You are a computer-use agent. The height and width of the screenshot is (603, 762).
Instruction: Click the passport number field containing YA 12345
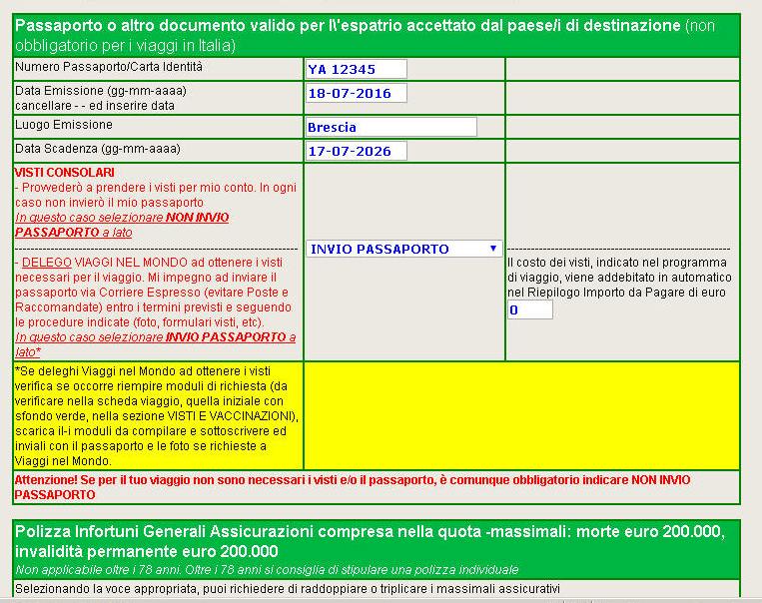point(356,69)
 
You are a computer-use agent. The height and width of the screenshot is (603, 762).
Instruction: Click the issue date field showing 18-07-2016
point(356,94)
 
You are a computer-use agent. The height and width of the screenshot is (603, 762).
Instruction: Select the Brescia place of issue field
point(390,127)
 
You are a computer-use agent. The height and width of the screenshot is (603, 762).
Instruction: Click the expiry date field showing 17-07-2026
point(356,152)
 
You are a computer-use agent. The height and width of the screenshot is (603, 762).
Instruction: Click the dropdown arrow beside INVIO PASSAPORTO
point(493,249)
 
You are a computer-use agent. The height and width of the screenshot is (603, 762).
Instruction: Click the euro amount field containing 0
point(529,310)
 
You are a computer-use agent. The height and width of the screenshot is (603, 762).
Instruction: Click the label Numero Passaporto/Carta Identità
point(108,67)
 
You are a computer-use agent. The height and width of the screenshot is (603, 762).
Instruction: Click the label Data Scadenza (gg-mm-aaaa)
point(97,149)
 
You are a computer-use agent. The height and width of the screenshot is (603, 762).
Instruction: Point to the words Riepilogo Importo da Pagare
point(599,293)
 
